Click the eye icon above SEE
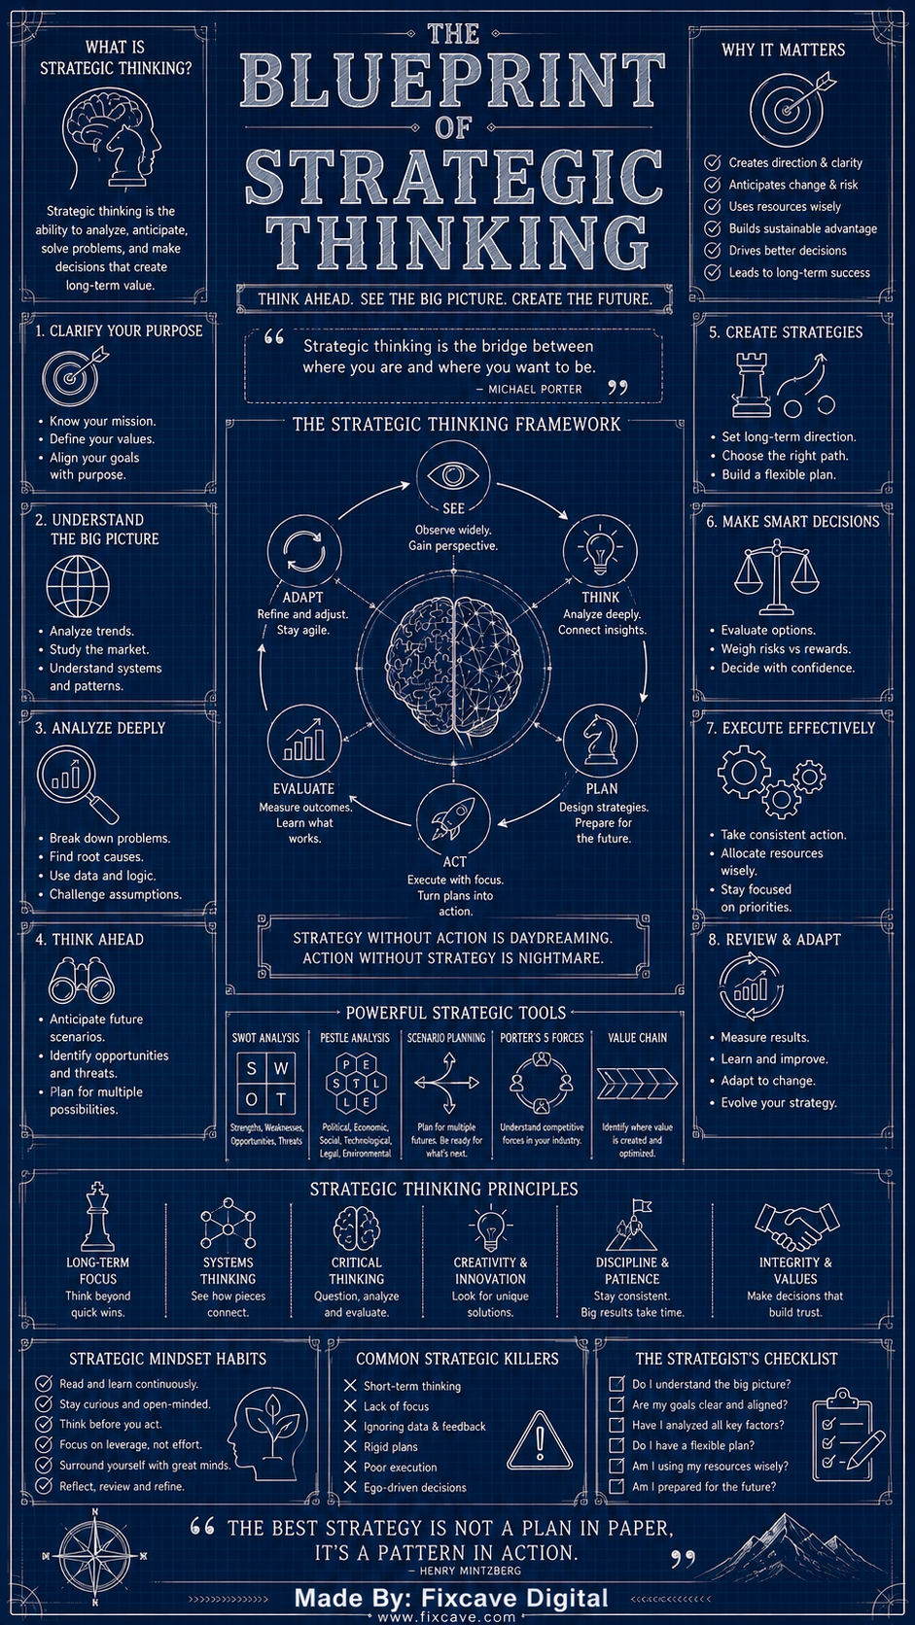click(x=453, y=476)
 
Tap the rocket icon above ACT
click(x=453, y=819)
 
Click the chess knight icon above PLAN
click(x=600, y=740)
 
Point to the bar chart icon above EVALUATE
click(x=304, y=740)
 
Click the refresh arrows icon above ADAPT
click(x=304, y=551)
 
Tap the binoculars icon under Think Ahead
click(x=82, y=980)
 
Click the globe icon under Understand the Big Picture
click(x=78, y=586)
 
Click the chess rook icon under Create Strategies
click(x=751, y=385)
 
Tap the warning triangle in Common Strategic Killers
click(x=539, y=1441)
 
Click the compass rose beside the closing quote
click(x=95, y=1556)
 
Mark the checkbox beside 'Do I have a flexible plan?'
click(x=616, y=1445)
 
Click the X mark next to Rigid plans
click(x=350, y=1446)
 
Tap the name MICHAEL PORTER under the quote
click(x=535, y=390)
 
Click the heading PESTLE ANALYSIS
click(x=355, y=1038)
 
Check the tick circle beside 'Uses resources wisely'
click(x=713, y=207)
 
